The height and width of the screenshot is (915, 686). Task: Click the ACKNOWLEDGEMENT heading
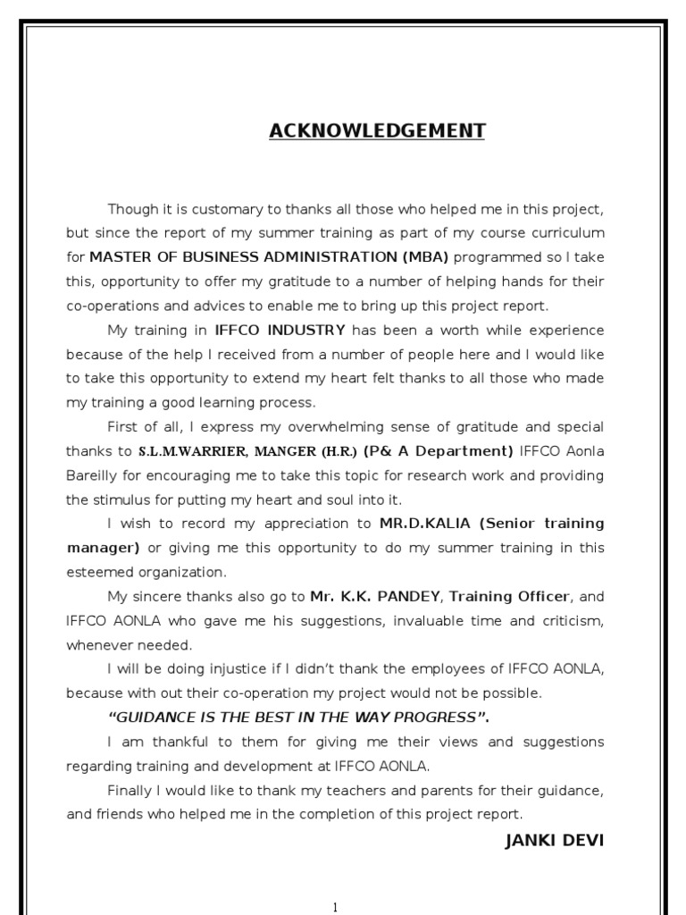(x=377, y=131)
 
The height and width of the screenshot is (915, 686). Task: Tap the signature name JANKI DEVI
(x=554, y=841)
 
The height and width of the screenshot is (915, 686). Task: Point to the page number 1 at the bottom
(x=335, y=908)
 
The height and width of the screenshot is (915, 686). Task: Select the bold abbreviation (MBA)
(x=426, y=257)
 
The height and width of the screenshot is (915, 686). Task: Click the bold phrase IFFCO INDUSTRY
(x=280, y=330)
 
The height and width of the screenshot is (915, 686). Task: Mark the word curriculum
(x=565, y=233)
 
